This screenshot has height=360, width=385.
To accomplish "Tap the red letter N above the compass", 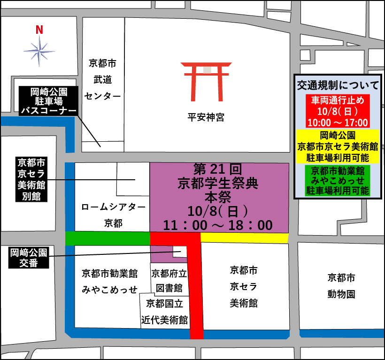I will [39, 30].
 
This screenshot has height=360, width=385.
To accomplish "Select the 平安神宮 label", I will [206, 117].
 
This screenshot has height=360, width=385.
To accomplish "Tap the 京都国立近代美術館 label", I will [165, 311].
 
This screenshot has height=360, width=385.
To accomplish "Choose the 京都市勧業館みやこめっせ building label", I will [109, 281].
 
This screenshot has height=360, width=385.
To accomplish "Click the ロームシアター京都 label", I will [112, 215].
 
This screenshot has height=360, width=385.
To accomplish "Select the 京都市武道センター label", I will [102, 80].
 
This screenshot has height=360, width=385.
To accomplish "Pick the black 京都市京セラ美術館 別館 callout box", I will [31, 179].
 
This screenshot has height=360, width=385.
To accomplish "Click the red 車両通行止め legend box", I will [338, 111].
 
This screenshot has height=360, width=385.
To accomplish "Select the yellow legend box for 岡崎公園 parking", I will [338, 146].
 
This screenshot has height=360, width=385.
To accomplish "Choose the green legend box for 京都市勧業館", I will [338, 180].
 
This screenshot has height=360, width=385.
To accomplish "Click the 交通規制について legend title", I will [338, 85].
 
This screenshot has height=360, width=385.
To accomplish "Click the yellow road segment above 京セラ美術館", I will [244, 238].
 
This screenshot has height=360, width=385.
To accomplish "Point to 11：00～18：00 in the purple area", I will [218, 225].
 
